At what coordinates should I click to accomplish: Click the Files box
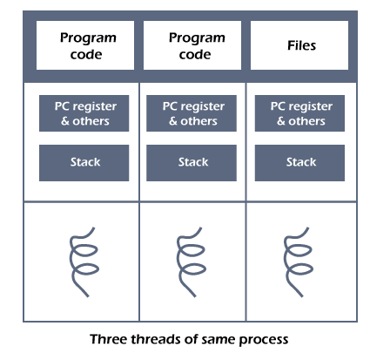point(299,45)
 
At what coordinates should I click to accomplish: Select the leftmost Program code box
point(85,45)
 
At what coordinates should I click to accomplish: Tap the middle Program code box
point(192,45)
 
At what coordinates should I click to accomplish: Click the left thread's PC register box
point(84,113)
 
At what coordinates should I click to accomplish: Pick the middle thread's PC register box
point(192,113)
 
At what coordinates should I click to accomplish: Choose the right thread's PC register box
point(299,113)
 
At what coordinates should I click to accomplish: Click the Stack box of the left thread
point(84,163)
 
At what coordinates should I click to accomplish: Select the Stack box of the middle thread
point(192,163)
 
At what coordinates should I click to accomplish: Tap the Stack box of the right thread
point(299,163)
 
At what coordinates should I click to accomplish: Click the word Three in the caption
point(108,339)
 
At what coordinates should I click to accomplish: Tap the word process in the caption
point(264,341)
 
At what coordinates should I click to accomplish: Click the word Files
point(301,45)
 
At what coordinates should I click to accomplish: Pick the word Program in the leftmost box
point(88,38)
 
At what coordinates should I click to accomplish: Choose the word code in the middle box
point(195,54)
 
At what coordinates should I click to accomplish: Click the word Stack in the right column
point(301,162)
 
